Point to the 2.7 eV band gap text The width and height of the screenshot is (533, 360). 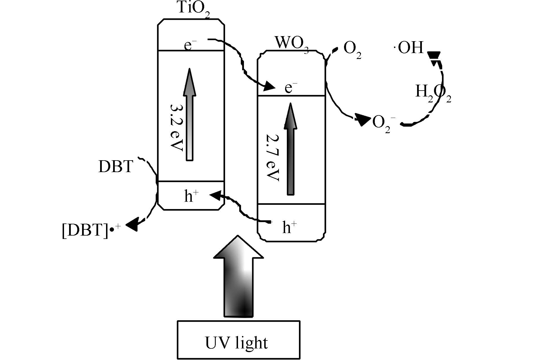coord(273,157)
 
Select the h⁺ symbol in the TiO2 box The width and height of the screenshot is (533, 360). coord(191,196)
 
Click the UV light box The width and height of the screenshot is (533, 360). coord(238,340)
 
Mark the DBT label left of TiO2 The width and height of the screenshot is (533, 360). coord(116,166)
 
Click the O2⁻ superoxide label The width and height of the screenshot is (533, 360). coord(384,123)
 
